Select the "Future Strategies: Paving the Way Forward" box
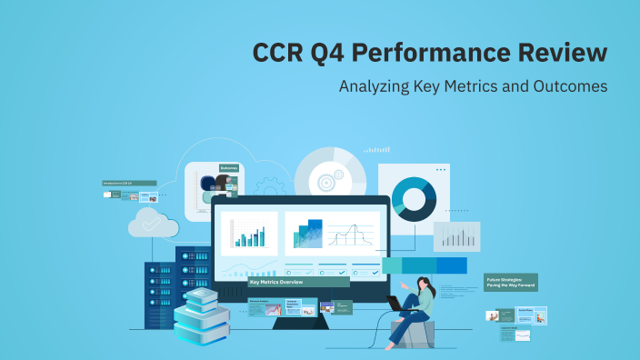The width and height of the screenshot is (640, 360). pyautogui.click(x=511, y=283)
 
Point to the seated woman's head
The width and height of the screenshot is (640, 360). pyautogui.click(x=425, y=285)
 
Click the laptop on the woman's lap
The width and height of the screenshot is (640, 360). pyautogui.click(x=398, y=304)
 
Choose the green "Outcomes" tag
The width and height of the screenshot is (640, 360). pyautogui.click(x=229, y=167)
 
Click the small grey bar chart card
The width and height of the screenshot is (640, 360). pyautogui.click(x=456, y=236)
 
